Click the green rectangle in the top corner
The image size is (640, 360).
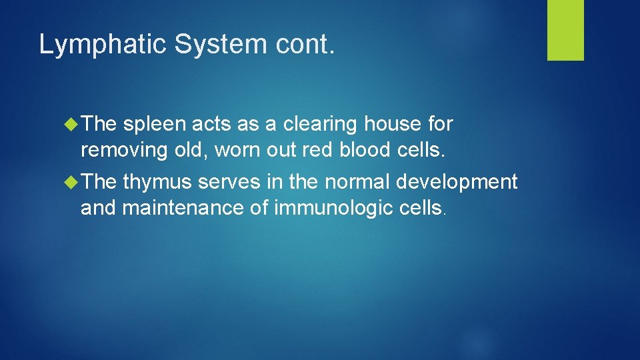(x=565, y=30)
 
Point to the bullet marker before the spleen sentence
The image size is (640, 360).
(x=73, y=124)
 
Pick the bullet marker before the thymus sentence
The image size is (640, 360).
(x=73, y=182)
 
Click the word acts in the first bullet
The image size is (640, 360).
(x=212, y=125)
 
